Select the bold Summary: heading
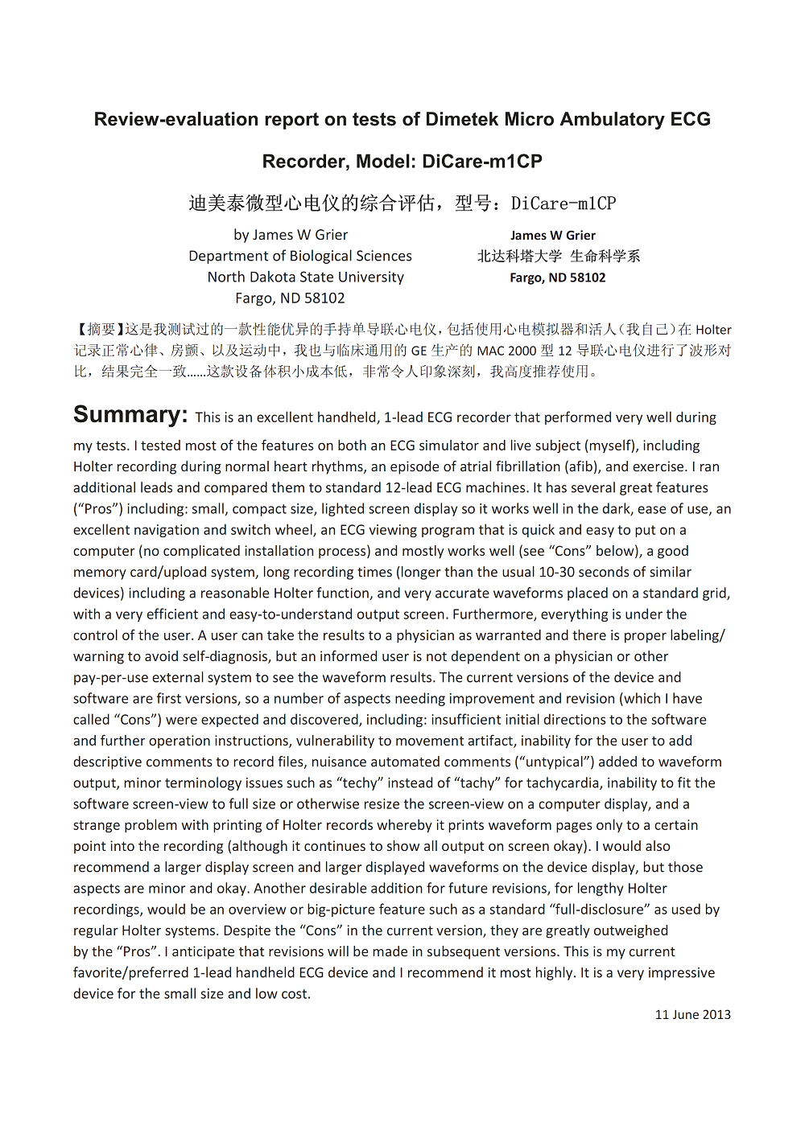130,415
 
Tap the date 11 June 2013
692,1015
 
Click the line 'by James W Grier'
291,235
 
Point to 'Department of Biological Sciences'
300,256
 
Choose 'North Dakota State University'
306,277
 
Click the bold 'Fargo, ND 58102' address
558,277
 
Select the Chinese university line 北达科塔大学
519,256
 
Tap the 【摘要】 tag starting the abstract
98,330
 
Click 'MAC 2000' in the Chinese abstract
504,351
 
